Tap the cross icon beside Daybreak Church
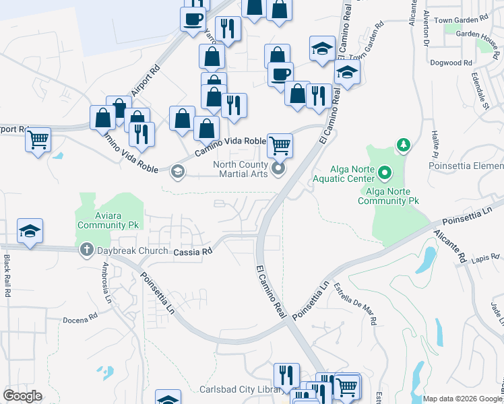click(x=86, y=250)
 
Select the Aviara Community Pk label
click(x=106, y=220)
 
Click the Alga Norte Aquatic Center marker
click(x=384, y=174)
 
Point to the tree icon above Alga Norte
click(x=404, y=144)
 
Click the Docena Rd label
click(x=80, y=317)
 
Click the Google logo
click(x=22, y=396)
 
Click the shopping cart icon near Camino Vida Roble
click(x=280, y=143)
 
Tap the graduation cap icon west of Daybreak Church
click(x=30, y=231)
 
